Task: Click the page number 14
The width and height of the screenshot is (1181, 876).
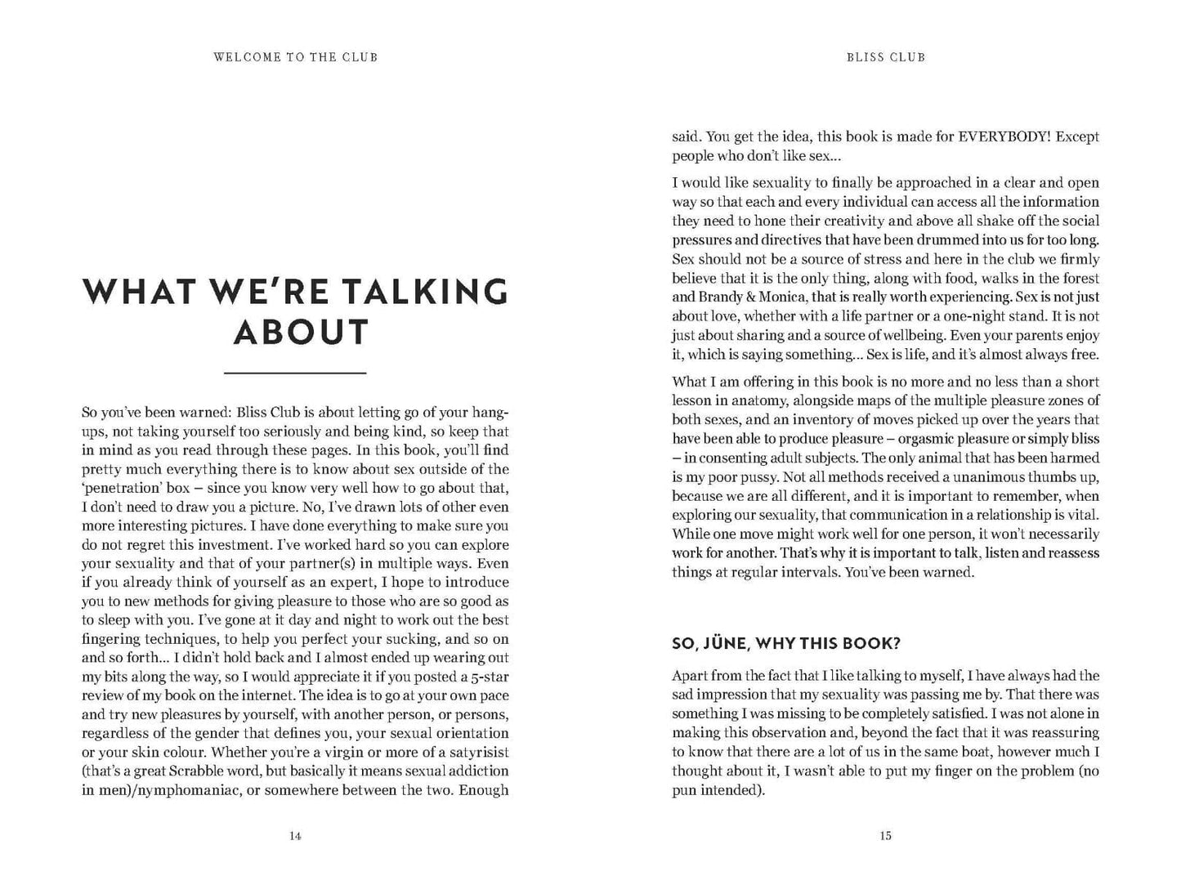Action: pyautogui.click(x=295, y=836)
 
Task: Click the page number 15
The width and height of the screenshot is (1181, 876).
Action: pyautogui.click(x=886, y=836)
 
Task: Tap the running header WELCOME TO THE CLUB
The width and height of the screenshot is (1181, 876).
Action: pyautogui.click(x=295, y=57)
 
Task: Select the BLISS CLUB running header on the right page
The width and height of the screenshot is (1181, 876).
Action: pyautogui.click(x=886, y=57)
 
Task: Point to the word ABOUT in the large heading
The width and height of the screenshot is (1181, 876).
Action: pyautogui.click(x=301, y=333)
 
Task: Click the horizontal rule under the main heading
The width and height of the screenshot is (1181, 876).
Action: pyautogui.click(x=295, y=373)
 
